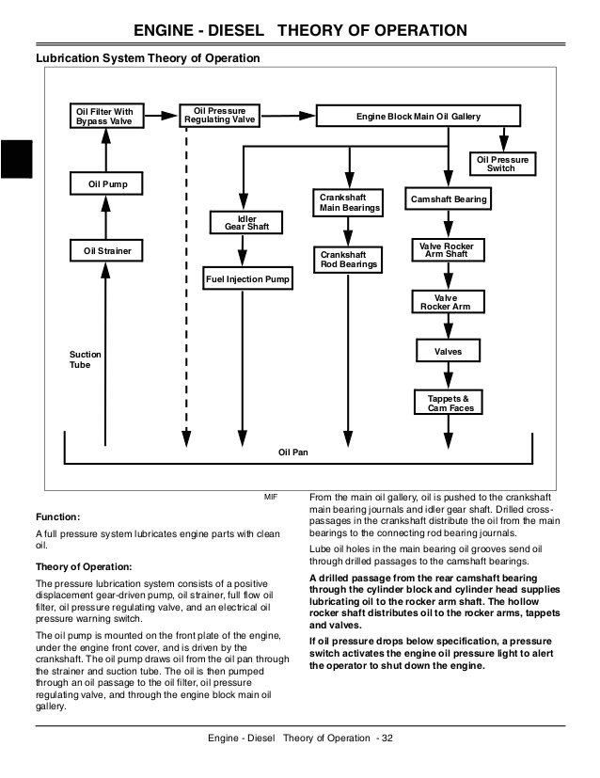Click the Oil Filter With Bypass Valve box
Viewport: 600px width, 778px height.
(105, 117)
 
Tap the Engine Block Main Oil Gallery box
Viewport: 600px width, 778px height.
(418, 117)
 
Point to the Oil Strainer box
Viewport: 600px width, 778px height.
(105, 251)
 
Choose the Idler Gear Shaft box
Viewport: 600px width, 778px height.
(247, 223)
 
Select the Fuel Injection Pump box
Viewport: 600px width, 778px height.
(248, 279)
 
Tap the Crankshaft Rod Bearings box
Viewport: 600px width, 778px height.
(349, 260)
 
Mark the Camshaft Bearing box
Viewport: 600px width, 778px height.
(449, 199)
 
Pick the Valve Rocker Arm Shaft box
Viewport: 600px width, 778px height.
(449, 250)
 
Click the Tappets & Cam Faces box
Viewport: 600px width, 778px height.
(449, 403)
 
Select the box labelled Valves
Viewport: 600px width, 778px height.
(449, 352)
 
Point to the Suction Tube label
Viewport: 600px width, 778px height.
(86, 360)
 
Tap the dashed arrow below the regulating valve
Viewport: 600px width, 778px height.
(187, 282)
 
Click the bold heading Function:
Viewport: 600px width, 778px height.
(57, 517)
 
